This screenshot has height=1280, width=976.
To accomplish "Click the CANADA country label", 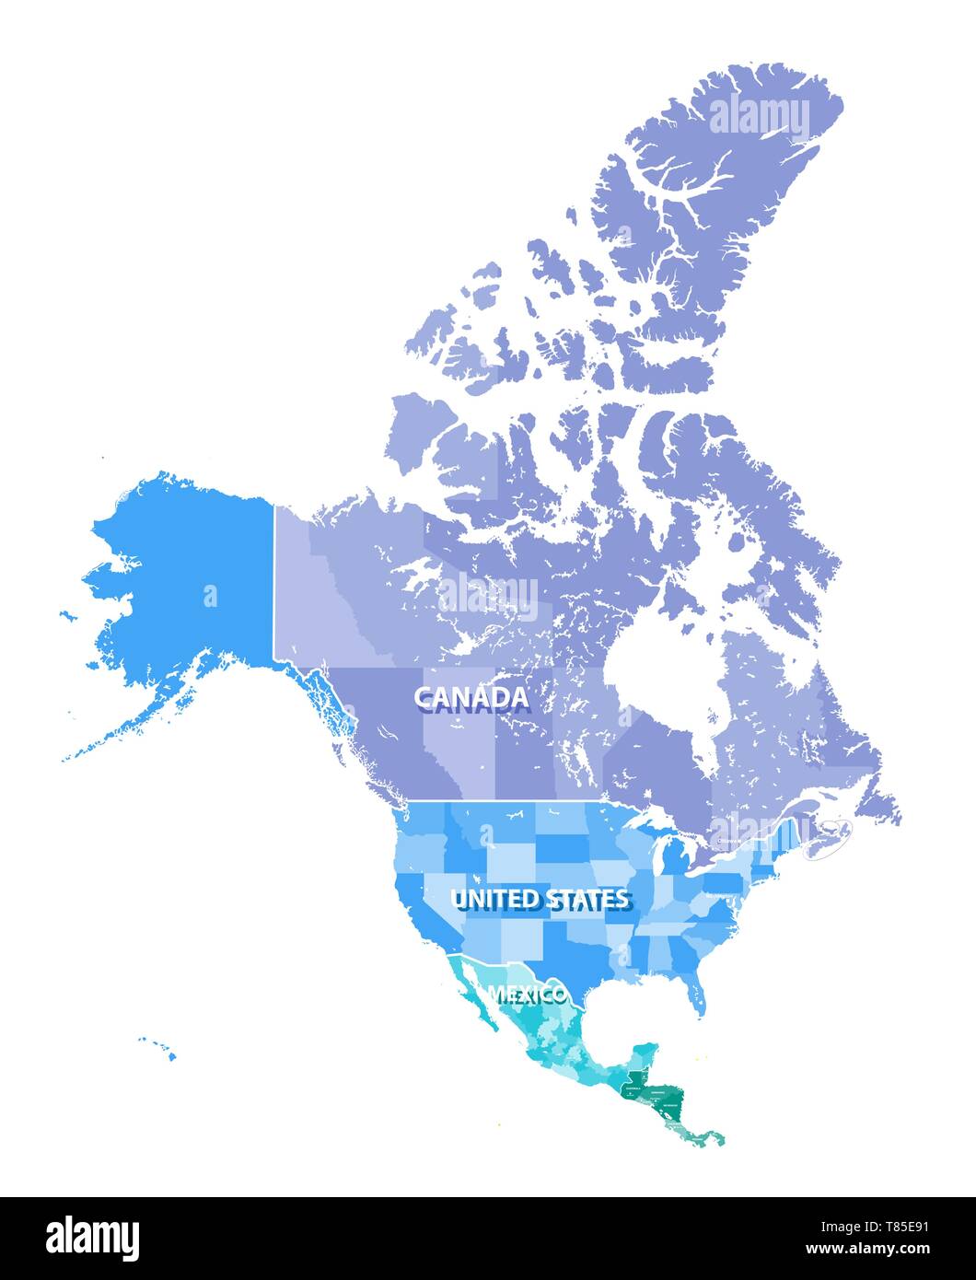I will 471,698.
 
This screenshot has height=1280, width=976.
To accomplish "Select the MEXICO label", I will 527,995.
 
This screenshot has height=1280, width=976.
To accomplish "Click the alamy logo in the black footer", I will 93,1238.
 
